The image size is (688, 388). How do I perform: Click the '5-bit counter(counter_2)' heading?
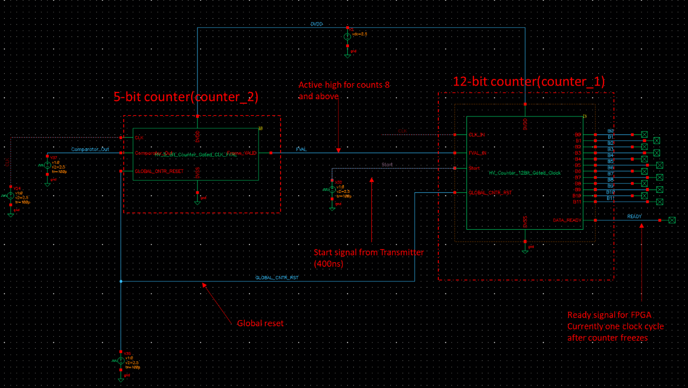coord(185,97)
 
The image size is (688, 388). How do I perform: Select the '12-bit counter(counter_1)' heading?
coord(529,81)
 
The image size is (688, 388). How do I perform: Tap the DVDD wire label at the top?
coord(317,25)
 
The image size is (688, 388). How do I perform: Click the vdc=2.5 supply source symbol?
coord(347,37)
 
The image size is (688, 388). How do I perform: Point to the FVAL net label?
coord(301,150)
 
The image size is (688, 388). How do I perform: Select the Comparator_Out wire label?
coord(90,150)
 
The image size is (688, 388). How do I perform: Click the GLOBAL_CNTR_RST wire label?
coord(277,278)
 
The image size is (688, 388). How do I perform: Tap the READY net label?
coord(634,217)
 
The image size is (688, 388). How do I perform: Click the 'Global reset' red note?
coord(260,323)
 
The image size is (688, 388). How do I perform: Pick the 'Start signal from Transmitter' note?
coord(368,252)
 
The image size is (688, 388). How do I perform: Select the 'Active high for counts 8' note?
coord(344,85)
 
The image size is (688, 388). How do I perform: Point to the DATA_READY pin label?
coord(567,220)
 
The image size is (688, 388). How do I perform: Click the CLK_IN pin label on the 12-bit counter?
coord(477,135)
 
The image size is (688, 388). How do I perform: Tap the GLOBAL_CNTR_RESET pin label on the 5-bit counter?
coord(159,171)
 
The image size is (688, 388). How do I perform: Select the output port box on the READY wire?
coord(672,220)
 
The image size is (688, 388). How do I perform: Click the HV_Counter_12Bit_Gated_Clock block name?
coord(525,173)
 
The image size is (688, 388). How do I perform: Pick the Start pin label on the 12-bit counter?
coord(474,168)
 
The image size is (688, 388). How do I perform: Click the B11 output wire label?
coord(610,198)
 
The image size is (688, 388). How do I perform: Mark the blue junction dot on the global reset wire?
coord(121,281)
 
